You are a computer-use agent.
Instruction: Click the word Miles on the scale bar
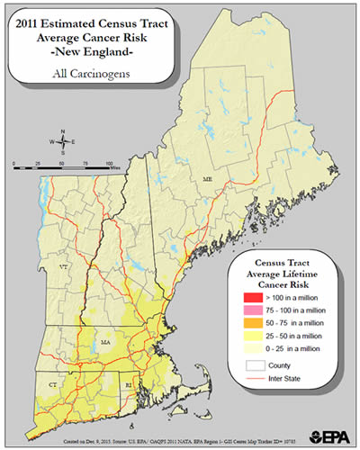pos(104,166)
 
